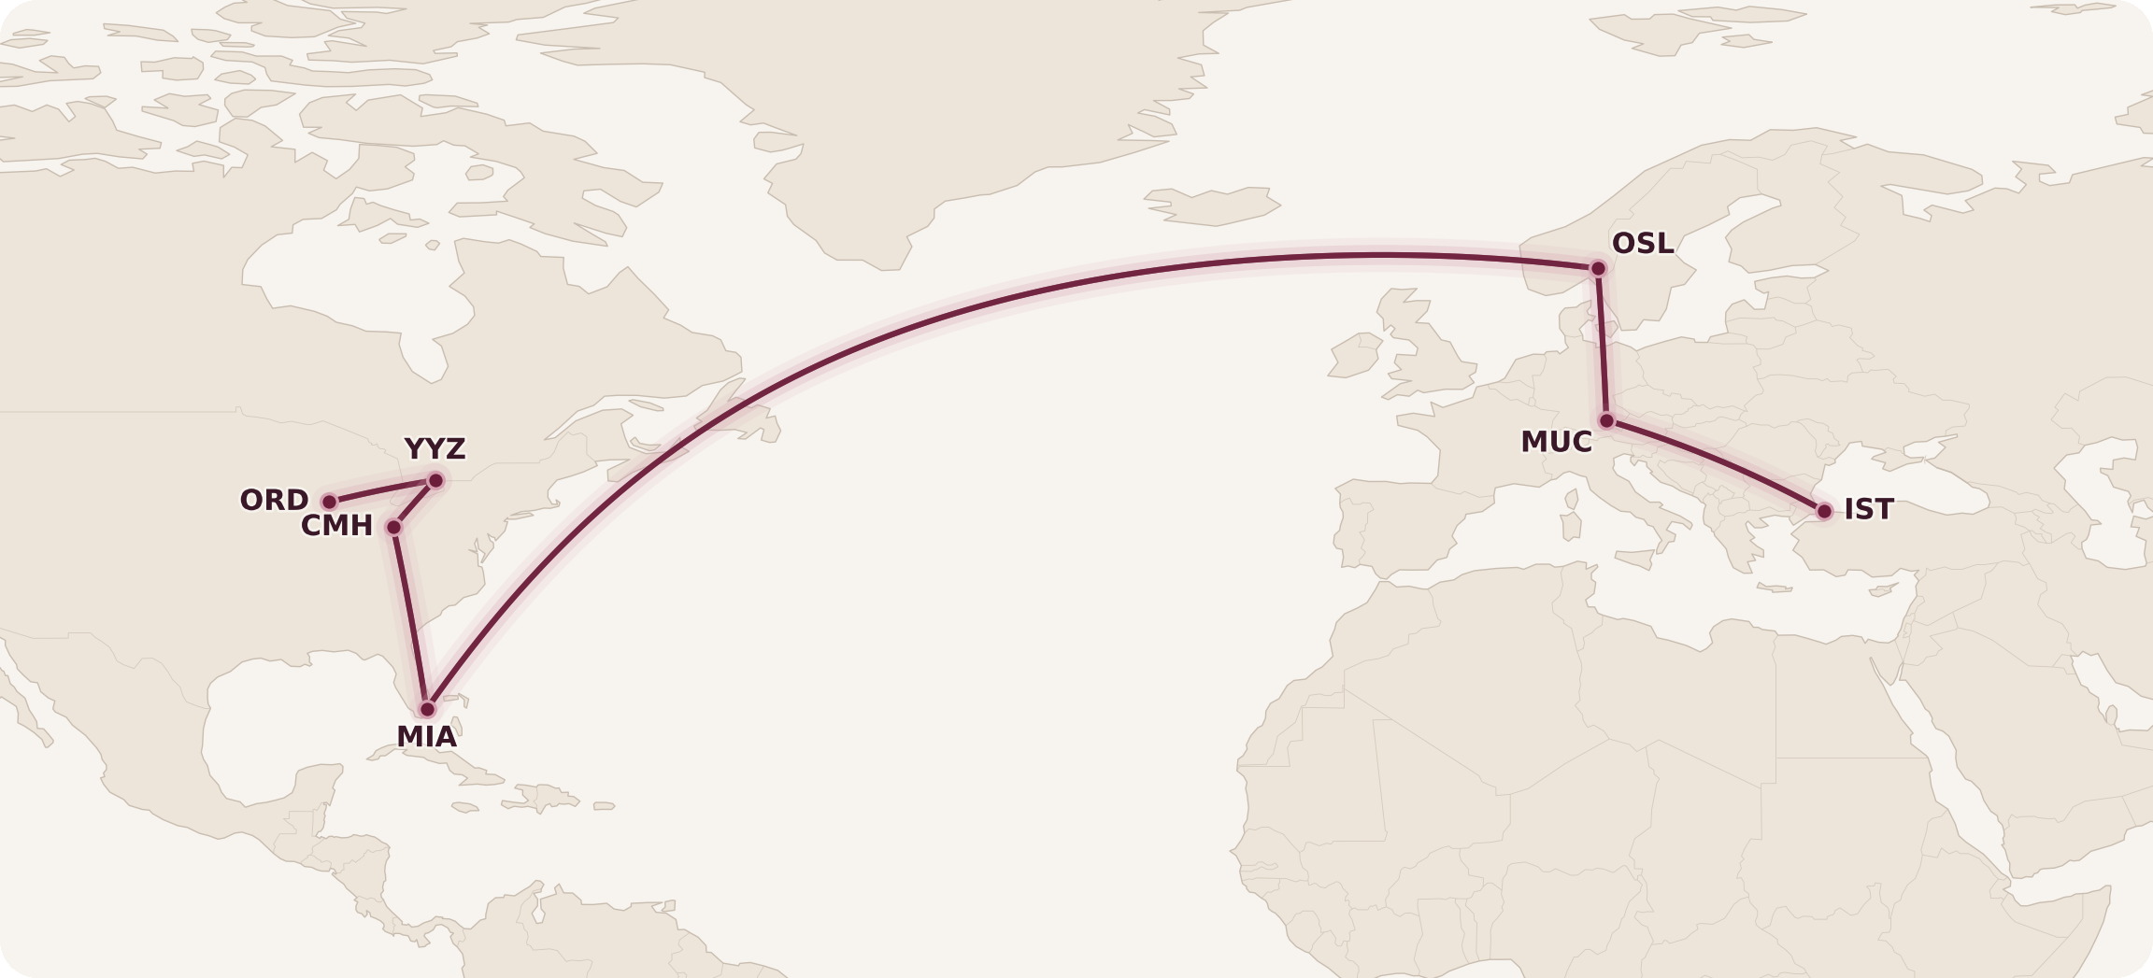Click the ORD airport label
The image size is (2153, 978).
point(274,501)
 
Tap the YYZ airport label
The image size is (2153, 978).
point(435,449)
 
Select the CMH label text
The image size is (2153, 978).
point(336,527)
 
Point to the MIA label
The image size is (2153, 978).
point(426,737)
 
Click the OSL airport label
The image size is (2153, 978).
point(1643,244)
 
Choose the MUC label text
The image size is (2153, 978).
point(1556,443)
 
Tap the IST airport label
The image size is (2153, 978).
point(1869,510)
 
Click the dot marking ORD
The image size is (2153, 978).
point(329,503)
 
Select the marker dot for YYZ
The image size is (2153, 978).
point(435,481)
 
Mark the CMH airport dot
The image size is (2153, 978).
point(394,528)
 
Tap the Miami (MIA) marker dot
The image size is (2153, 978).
point(428,709)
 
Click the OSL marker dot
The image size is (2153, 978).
point(1598,269)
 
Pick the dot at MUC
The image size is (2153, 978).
point(1606,421)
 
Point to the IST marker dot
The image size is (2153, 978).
point(1824,511)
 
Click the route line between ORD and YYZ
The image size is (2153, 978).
point(382,491)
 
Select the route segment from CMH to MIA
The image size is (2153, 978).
point(411,618)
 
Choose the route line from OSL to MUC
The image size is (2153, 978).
point(1602,346)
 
